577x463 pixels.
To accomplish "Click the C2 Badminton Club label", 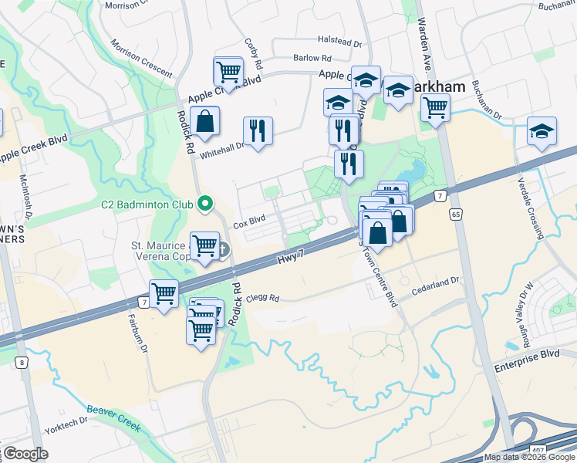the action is click(147, 205).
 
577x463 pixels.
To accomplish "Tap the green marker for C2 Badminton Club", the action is click(204, 204).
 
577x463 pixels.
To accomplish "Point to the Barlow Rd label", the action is click(312, 58).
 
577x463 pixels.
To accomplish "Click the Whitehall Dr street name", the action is click(222, 144).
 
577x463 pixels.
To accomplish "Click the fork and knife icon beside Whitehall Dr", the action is click(258, 130).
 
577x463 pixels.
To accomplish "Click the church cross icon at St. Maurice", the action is click(224, 249).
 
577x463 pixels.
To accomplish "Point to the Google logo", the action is click(25, 454).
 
